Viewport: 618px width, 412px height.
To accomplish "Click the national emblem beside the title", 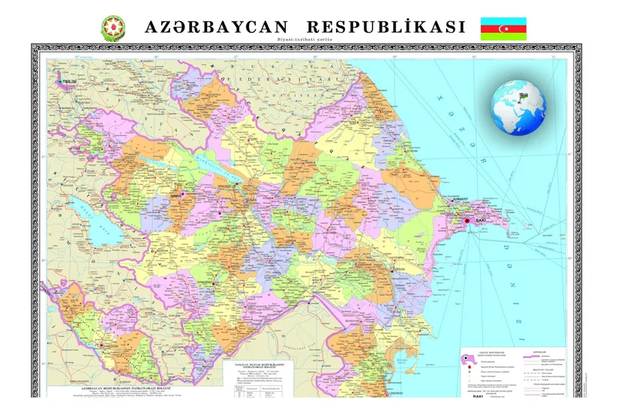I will pyautogui.click(x=114, y=28).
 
